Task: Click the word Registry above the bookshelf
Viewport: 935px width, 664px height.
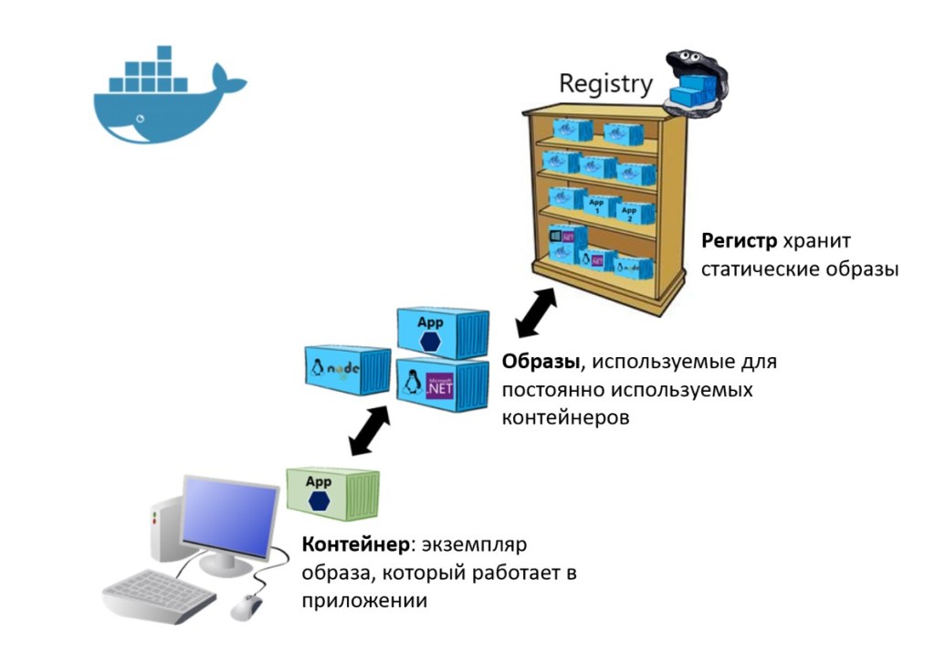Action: point(605,84)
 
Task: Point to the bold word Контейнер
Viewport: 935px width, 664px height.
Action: point(355,545)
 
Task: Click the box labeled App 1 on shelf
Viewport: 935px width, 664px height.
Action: point(596,206)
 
